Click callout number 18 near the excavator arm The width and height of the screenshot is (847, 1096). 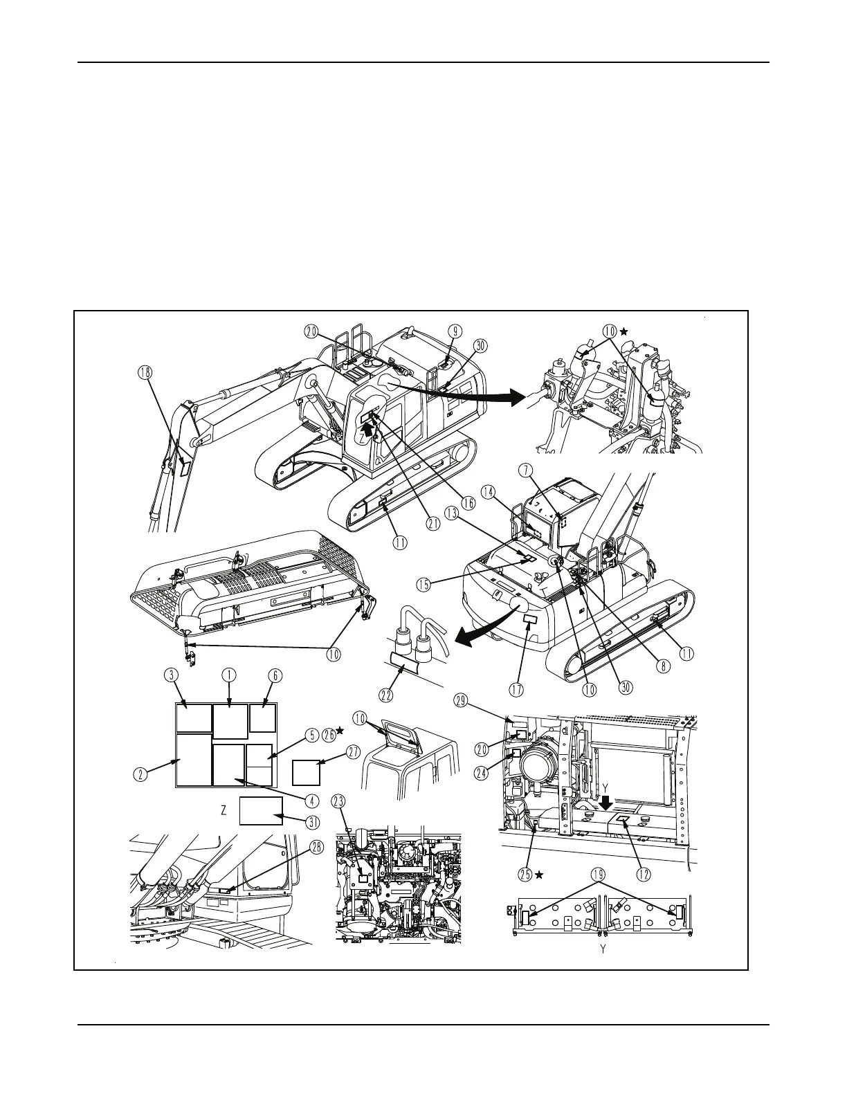click(145, 374)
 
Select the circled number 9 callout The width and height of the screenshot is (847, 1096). click(455, 331)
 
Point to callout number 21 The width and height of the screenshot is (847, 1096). click(433, 524)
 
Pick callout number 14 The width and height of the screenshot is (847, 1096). click(490, 493)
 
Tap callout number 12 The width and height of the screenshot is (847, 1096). click(643, 875)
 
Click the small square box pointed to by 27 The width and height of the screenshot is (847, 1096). click(306, 771)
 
